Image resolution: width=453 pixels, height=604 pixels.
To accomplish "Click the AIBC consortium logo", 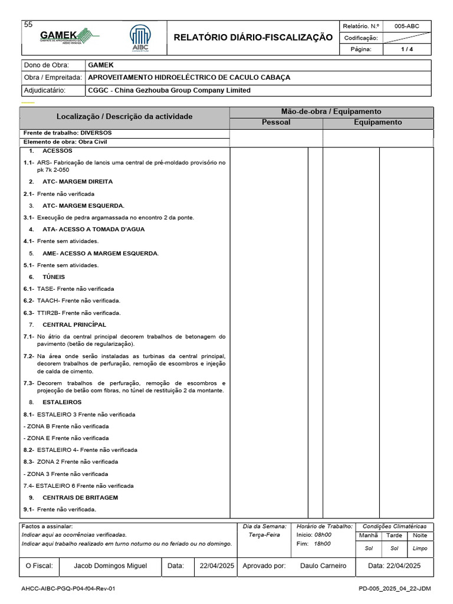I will tap(140, 38).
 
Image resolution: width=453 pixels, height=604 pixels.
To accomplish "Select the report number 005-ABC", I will tap(407, 26).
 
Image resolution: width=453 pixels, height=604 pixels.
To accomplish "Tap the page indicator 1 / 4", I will tap(407, 49).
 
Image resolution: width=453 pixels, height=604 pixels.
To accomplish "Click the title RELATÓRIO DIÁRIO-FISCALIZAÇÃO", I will tap(253, 38).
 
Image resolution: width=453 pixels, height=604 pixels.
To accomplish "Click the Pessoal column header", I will tap(276, 123).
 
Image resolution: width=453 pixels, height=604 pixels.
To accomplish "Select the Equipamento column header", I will tap(377, 123).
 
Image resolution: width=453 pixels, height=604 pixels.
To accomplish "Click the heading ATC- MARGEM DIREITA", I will tap(77, 182).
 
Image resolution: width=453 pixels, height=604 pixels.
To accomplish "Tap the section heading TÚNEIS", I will tap(54, 277).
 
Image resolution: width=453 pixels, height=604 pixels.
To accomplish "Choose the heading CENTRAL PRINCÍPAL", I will tap(74, 324).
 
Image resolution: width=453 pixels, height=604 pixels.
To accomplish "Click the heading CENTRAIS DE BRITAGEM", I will tap(80, 497).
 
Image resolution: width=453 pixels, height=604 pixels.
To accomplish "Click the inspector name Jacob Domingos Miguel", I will tap(110, 566).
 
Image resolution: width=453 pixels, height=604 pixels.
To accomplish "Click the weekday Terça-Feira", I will tap(264, 535).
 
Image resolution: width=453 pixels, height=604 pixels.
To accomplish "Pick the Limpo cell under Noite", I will tap(420, 548).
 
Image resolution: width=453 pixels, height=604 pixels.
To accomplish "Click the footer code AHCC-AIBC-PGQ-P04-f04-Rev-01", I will tap(68, 589).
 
